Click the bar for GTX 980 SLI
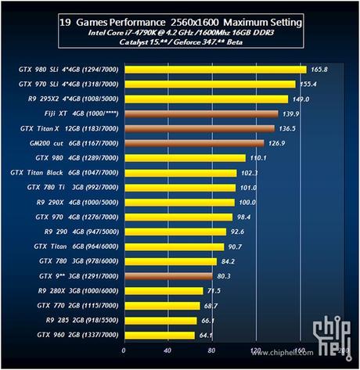pos(211,69)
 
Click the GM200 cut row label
pos(66,143)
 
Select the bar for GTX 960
pos(157,335)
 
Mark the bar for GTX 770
pos(160,305)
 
